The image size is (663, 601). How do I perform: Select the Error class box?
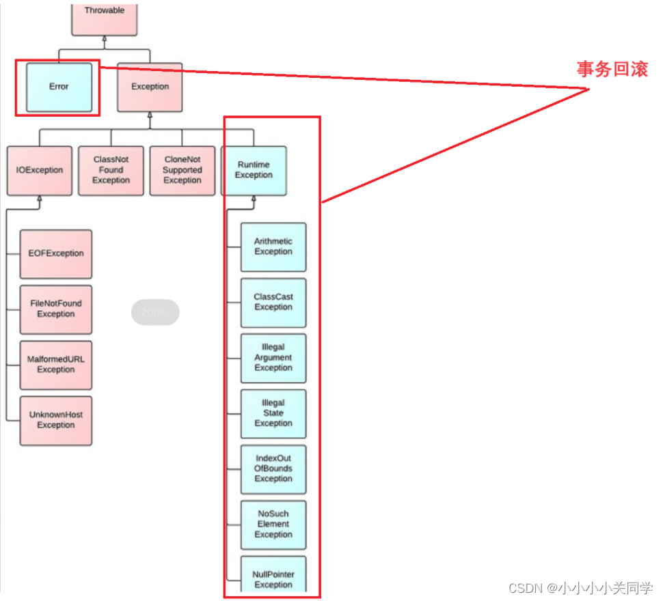[59, 87]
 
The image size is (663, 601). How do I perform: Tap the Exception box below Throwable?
[150, 87]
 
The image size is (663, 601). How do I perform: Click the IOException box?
[40, 170]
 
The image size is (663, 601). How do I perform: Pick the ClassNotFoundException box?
[111, 170]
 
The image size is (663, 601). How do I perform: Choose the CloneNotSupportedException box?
[182, 170]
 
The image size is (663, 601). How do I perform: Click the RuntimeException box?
[254, 170]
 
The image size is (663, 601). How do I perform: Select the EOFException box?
[56, 253]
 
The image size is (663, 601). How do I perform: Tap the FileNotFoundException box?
[56, 309]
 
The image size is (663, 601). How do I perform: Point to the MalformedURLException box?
[56, 364]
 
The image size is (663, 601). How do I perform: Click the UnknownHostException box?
[56, 420]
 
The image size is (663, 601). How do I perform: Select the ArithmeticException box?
[273, 247]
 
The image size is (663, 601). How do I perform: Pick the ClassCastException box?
[273, 302]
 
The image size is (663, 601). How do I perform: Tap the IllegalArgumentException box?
[273, 358]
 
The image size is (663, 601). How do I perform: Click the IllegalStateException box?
[273, 413]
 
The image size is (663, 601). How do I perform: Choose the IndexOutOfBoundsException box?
[273, 469]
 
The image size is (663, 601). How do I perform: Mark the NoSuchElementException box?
[273, 525]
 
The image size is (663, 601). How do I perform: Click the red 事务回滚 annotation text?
[612, 69]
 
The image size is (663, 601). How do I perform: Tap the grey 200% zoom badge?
[155, 312]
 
